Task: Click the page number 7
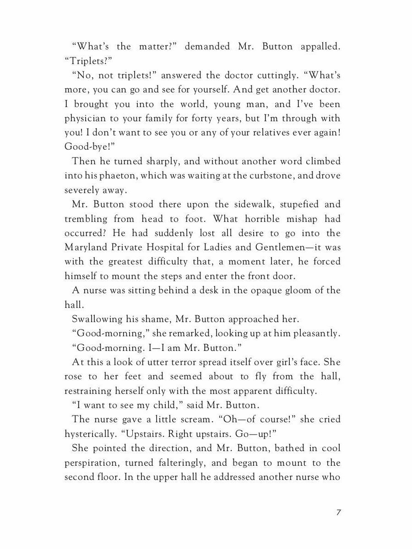click(338, 525)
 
